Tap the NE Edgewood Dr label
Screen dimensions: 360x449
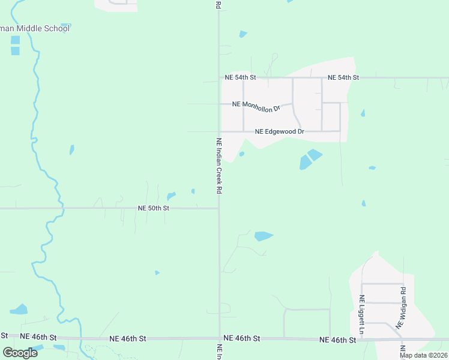[280, 131]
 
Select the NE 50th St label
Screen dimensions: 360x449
[154, 208]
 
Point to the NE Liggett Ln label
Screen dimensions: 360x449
[362, 314]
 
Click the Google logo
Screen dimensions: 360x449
[20, 352]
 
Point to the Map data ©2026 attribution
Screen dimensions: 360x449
[423, 355]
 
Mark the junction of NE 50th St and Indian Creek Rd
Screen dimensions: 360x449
[218, 208]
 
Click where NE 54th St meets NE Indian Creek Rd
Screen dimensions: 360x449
[219, 78]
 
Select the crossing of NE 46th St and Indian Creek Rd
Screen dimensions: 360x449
[220, 338]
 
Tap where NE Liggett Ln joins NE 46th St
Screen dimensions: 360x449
[361, 339]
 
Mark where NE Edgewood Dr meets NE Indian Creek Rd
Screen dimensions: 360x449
[219, 131]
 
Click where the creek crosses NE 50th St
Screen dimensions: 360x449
[61, 208]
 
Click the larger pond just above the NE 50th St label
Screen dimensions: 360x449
[171, 196]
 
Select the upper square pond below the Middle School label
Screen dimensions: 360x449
[15, 40]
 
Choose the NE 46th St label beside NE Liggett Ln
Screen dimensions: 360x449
[337, 340]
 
